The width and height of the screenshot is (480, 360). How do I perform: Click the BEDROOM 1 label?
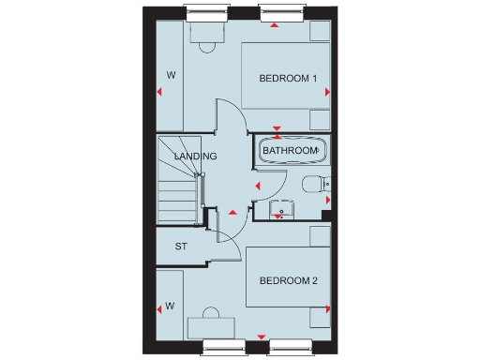pos(290,78)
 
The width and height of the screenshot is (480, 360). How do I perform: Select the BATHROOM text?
pos(290,150)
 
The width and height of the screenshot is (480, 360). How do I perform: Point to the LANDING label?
pos(195,156)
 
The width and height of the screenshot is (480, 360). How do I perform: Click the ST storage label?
pos(182,247)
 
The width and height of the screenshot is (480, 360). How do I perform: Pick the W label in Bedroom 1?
pos(172,73)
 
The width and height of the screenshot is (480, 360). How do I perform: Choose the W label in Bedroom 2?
pos(171,306)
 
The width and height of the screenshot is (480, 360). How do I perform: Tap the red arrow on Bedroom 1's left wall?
pos(159,91)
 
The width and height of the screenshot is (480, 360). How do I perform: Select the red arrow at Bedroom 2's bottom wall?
pos(260,335)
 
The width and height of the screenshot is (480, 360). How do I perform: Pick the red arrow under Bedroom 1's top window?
pos(274,24)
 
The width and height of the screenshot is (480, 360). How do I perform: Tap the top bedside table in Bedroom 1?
pos(320,30)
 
